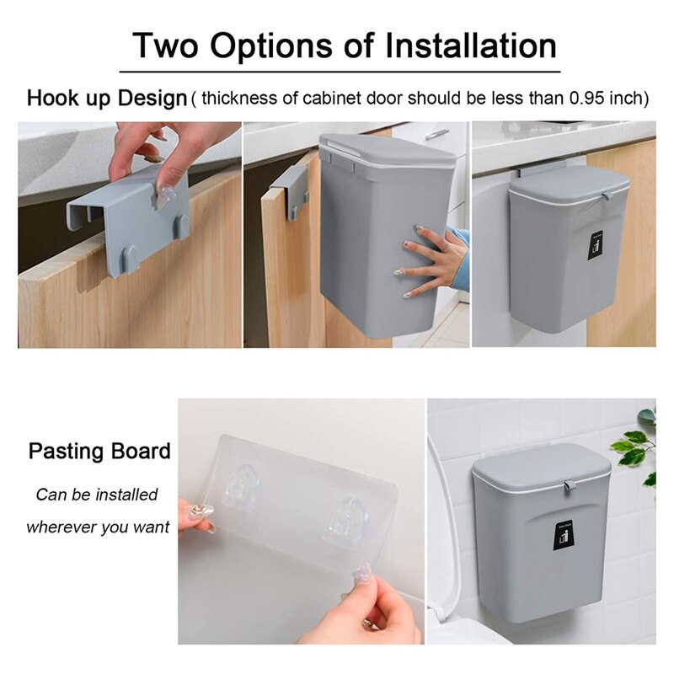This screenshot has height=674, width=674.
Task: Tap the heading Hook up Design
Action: (106, 98)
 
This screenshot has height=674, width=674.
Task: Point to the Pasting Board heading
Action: (99, 450)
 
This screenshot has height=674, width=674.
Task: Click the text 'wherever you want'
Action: (98, 527)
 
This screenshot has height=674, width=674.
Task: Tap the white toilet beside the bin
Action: (445, 548)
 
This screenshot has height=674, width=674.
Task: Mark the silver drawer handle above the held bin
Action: (437, 133)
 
